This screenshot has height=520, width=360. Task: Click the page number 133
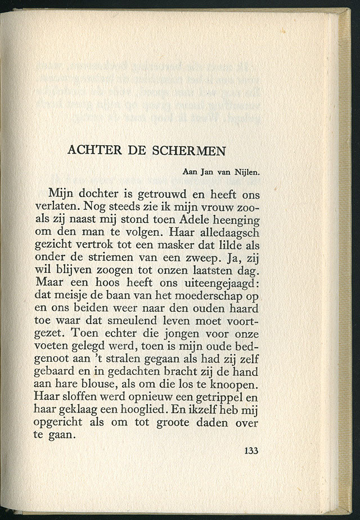(x=251, y=450)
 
